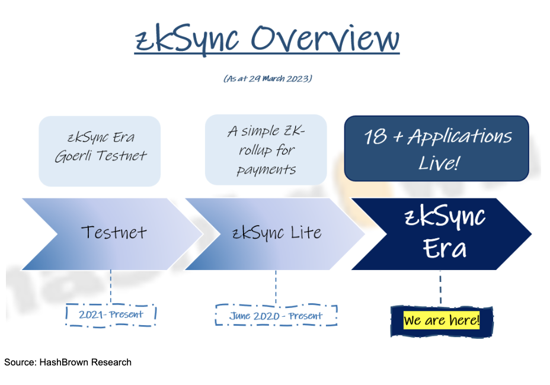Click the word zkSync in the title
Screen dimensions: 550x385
[x=187, y=39]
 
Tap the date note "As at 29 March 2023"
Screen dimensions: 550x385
[x=268, y=79]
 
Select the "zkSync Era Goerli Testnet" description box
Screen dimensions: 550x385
[x=100, y=151]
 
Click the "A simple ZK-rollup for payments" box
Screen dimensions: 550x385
[x=266, y=150]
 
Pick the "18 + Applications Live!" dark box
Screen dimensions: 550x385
[x=437, y=148]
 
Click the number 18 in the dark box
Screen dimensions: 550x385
[x=375, y=136]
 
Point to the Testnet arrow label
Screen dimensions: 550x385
[x=114, y=232]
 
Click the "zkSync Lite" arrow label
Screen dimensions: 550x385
[x=277, y=233]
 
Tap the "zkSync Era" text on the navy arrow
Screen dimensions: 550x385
[x=445, y=233]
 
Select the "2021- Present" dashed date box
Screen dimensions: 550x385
[x=111, y=315]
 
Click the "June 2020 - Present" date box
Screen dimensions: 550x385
[x=276, y=315]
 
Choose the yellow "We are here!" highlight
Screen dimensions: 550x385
[x=442, y=320]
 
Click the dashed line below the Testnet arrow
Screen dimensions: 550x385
[x=111, y=287]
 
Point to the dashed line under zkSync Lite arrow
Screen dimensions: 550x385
[x=276, y=287]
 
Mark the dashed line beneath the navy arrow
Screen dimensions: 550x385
[x=440, y=287]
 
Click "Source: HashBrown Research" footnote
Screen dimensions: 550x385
[x=68, y=362]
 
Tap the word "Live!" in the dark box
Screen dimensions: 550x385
[x=439, y=163]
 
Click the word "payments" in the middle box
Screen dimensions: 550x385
[x=266, y=170]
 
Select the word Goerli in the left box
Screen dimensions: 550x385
[x=73, y=156]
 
